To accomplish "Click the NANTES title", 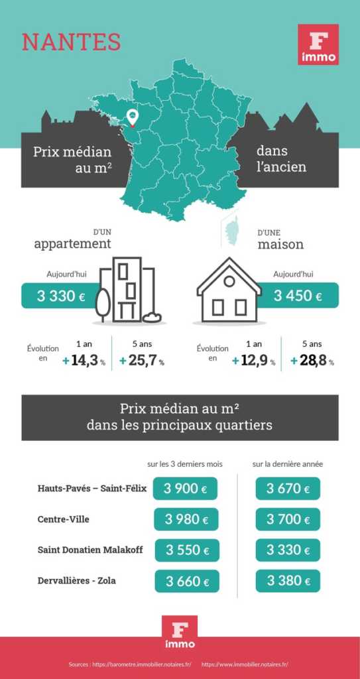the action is [72, 41].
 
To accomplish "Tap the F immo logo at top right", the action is [318, 44].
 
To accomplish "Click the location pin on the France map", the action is [133, 118].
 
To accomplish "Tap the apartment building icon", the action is [129, 289].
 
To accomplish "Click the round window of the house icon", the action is [229, 281].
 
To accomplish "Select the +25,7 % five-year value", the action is [142, 361].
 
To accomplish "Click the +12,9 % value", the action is [253, 361].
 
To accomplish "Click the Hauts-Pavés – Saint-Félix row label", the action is [91, 489].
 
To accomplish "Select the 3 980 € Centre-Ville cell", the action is [187, 519].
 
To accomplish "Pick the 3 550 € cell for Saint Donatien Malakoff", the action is [187, 550].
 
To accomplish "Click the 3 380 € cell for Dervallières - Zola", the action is [288, 581].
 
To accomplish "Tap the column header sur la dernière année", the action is [287, 463].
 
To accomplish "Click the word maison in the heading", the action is [280, 244].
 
